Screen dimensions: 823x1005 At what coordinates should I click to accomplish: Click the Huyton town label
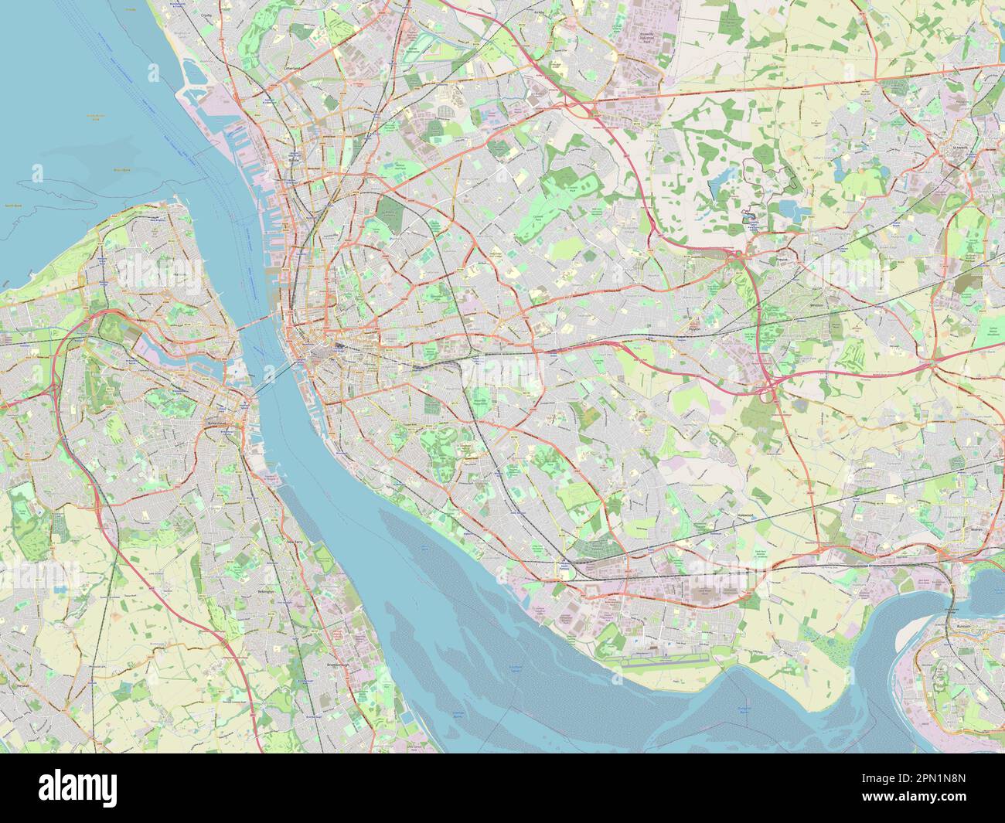tap(693, 328)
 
